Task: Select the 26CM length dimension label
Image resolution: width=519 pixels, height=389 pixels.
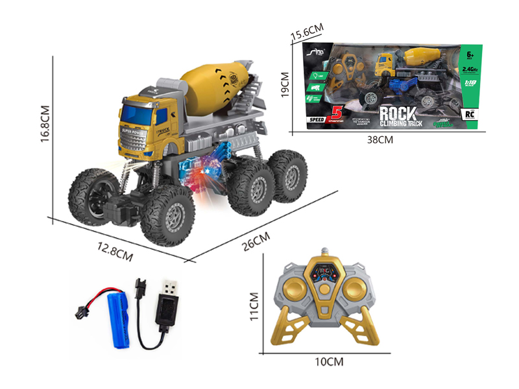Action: tap(254, 242)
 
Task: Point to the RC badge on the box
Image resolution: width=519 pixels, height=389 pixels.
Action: tap(472, 112)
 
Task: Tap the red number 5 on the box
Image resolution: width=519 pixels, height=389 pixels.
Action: tap(336, 112)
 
